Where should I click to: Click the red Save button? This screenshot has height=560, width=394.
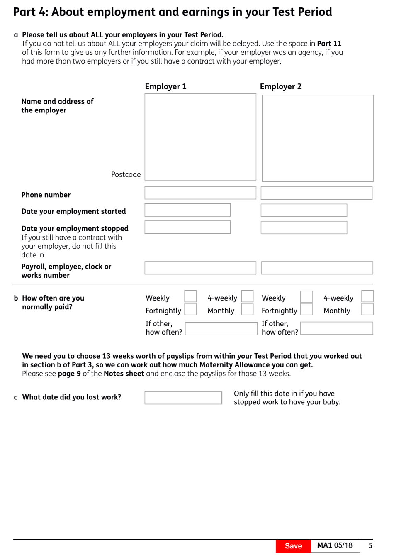click(293, 546)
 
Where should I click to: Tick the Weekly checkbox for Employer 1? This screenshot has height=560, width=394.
click(190, 296)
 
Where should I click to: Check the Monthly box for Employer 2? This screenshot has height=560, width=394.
click(367, 309)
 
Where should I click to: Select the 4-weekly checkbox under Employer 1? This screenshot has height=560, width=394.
click(247, 296)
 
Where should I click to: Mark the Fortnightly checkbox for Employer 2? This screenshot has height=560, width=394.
click(306, 309)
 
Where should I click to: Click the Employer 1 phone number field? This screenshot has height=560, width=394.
click(200, 193)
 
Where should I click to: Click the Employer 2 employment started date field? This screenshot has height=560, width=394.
click(304, 210)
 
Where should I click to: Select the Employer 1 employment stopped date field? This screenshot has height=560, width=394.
click(187, 227)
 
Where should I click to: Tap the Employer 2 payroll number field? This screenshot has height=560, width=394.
click(317, 268)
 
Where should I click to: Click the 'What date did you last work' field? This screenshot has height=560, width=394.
click(183, 398)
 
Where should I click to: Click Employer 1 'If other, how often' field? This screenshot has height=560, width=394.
click(221, 329)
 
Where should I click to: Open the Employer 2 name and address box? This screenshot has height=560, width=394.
click(318, 138)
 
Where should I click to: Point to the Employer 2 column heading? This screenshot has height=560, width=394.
click(280, 86)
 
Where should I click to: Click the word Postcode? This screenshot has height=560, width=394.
click(126, 174)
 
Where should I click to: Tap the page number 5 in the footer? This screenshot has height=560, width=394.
click(370, 545)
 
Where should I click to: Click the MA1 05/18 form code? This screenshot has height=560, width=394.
click(335, 545)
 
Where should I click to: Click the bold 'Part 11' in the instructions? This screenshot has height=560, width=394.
click(329, 44)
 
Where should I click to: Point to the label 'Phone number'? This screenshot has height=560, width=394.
click(46, 195)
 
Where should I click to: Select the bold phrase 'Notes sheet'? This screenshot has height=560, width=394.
click(124, 374)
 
